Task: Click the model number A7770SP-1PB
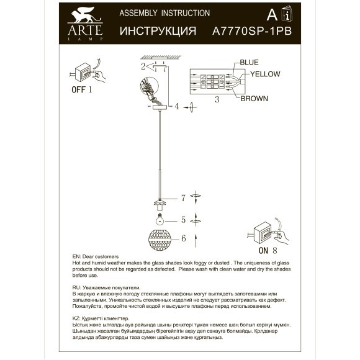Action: pos(251,30)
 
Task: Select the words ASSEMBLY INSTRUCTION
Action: pos(164,13)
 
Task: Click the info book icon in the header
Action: pos(287,15)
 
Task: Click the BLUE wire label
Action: pos(249,63)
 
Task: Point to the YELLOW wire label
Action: pos(265,74)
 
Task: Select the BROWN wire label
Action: pos(254,98)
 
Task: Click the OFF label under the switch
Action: pos(78,89)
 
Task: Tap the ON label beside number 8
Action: pos(263,250)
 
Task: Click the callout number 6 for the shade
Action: pos(183,238)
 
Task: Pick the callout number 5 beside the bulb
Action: pos(183,219)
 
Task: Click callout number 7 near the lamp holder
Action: pos(183,198)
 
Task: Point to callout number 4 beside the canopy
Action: pos(176,106)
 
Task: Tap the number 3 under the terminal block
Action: pos(216,99)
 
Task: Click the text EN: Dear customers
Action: pos(96,256)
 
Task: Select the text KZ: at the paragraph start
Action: pos(78,317)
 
